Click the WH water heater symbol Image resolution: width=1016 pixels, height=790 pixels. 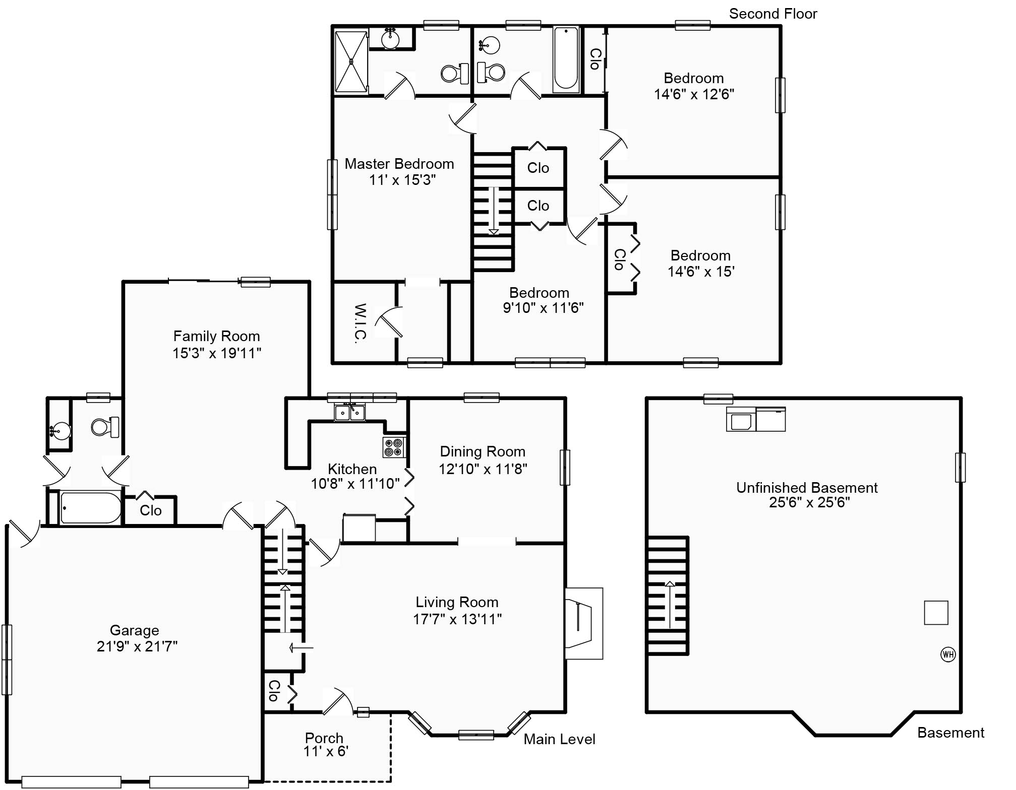948,654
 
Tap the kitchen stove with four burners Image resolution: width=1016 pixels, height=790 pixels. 394,447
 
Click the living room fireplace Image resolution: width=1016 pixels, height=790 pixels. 583,623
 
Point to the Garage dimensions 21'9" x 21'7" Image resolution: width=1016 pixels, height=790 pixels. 137,646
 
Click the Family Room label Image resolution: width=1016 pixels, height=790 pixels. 216,336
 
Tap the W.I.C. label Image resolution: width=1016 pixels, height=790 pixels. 359,323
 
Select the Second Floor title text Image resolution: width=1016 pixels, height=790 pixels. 772,14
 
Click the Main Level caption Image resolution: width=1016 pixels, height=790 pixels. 559,739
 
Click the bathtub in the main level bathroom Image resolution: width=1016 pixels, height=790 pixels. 91,508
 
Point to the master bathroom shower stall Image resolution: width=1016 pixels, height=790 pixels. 351,62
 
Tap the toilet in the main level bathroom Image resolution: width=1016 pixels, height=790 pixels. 105,427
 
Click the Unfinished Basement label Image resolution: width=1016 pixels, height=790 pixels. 807,488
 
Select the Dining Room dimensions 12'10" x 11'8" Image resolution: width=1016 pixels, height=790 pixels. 483,469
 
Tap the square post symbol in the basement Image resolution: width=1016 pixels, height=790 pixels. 936,613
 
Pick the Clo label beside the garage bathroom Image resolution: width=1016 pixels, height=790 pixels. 150,510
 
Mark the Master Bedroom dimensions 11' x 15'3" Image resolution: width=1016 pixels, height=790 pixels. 402,180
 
